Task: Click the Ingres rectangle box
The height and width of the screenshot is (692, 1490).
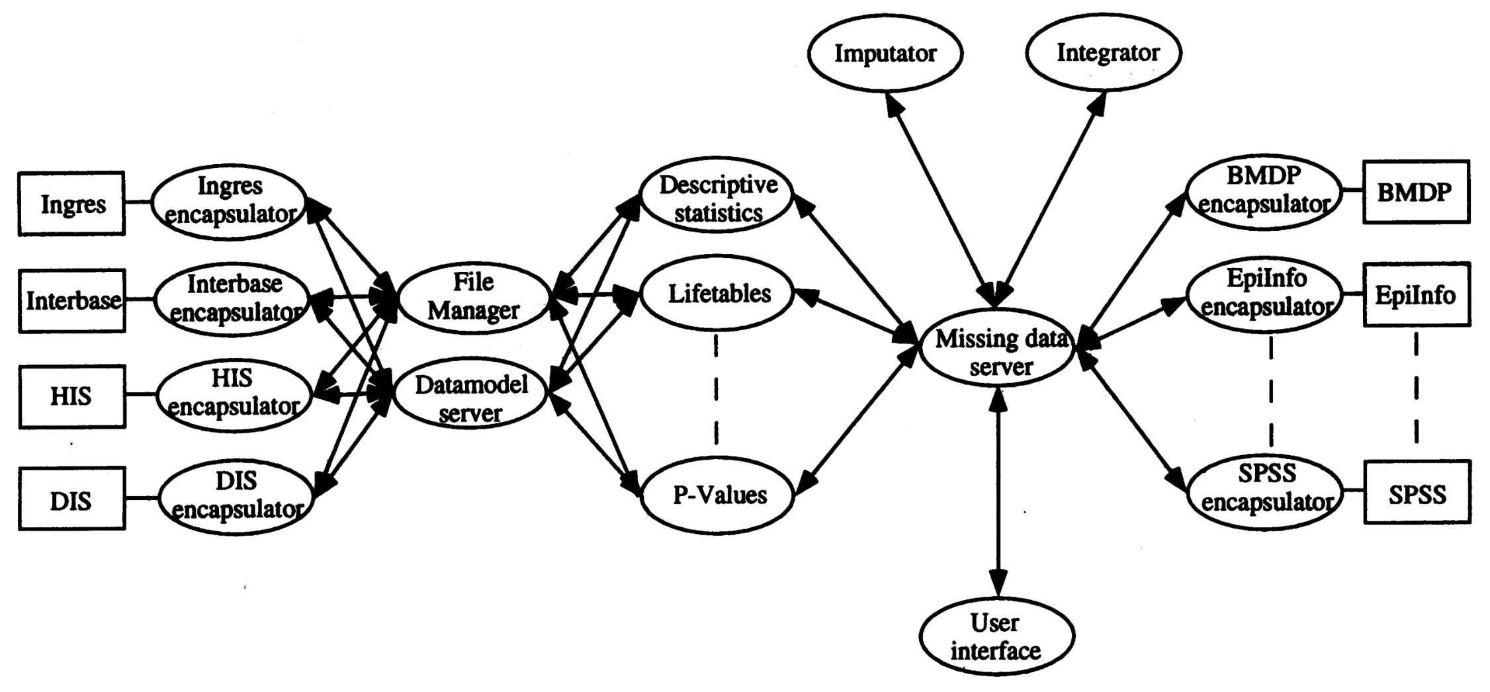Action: (71, 204)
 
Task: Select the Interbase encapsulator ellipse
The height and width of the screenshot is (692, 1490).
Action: (232, 298)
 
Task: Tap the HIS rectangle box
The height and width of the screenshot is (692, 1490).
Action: (71, 396)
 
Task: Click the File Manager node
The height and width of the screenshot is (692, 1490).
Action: (473, 296)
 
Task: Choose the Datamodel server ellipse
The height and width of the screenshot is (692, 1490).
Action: (470, 398)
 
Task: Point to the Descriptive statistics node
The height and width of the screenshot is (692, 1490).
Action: (717, 198)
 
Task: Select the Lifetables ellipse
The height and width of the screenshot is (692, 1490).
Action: (719, 293)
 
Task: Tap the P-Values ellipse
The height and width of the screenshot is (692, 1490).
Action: (719, 495)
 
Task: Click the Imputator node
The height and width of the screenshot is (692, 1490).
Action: (885, 53)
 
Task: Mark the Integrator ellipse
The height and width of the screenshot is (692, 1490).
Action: (1103, 53)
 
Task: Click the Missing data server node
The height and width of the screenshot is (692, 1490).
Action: (998, 353)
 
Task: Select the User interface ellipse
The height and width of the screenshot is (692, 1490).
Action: (996, 636)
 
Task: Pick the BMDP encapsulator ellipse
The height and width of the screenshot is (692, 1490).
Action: (1264, 191)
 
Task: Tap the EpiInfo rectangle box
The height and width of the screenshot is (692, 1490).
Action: (1416, 294)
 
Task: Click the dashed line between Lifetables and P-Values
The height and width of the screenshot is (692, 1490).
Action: (717, 390)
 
